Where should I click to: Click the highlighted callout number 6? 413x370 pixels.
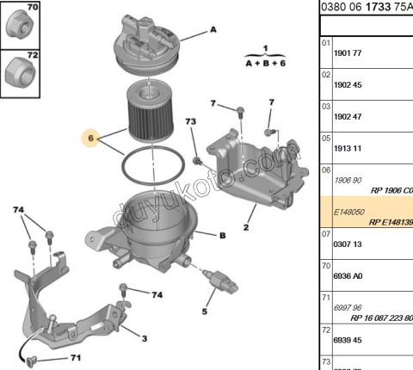[89, 137]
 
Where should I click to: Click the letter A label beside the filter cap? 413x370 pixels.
[213, 30]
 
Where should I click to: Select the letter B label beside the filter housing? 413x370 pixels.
[222, 235]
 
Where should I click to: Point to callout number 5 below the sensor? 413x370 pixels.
[205, 311]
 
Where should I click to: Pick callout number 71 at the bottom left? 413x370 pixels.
[76, 357]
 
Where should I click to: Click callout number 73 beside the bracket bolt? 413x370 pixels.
[191, 126]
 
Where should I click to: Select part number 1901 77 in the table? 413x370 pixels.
[347, 52]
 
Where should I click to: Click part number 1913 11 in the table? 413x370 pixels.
[347, 149]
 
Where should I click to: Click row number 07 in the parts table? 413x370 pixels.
[326, 232]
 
